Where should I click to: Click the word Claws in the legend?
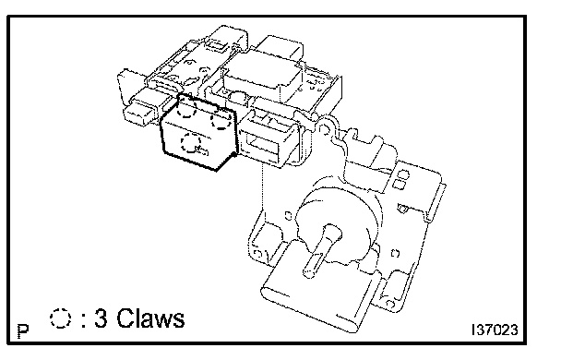tap(150, 318)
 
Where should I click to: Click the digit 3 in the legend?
tap(101, 318)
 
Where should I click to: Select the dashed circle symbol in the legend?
tap(61, 318)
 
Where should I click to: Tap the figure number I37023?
tap(495, 330)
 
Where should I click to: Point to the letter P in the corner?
tap(23, 331)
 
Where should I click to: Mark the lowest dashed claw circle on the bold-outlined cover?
tap(191, 142)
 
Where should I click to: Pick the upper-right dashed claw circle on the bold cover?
tap(221, 119)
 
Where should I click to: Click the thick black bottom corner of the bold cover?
tap(217, 170)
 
